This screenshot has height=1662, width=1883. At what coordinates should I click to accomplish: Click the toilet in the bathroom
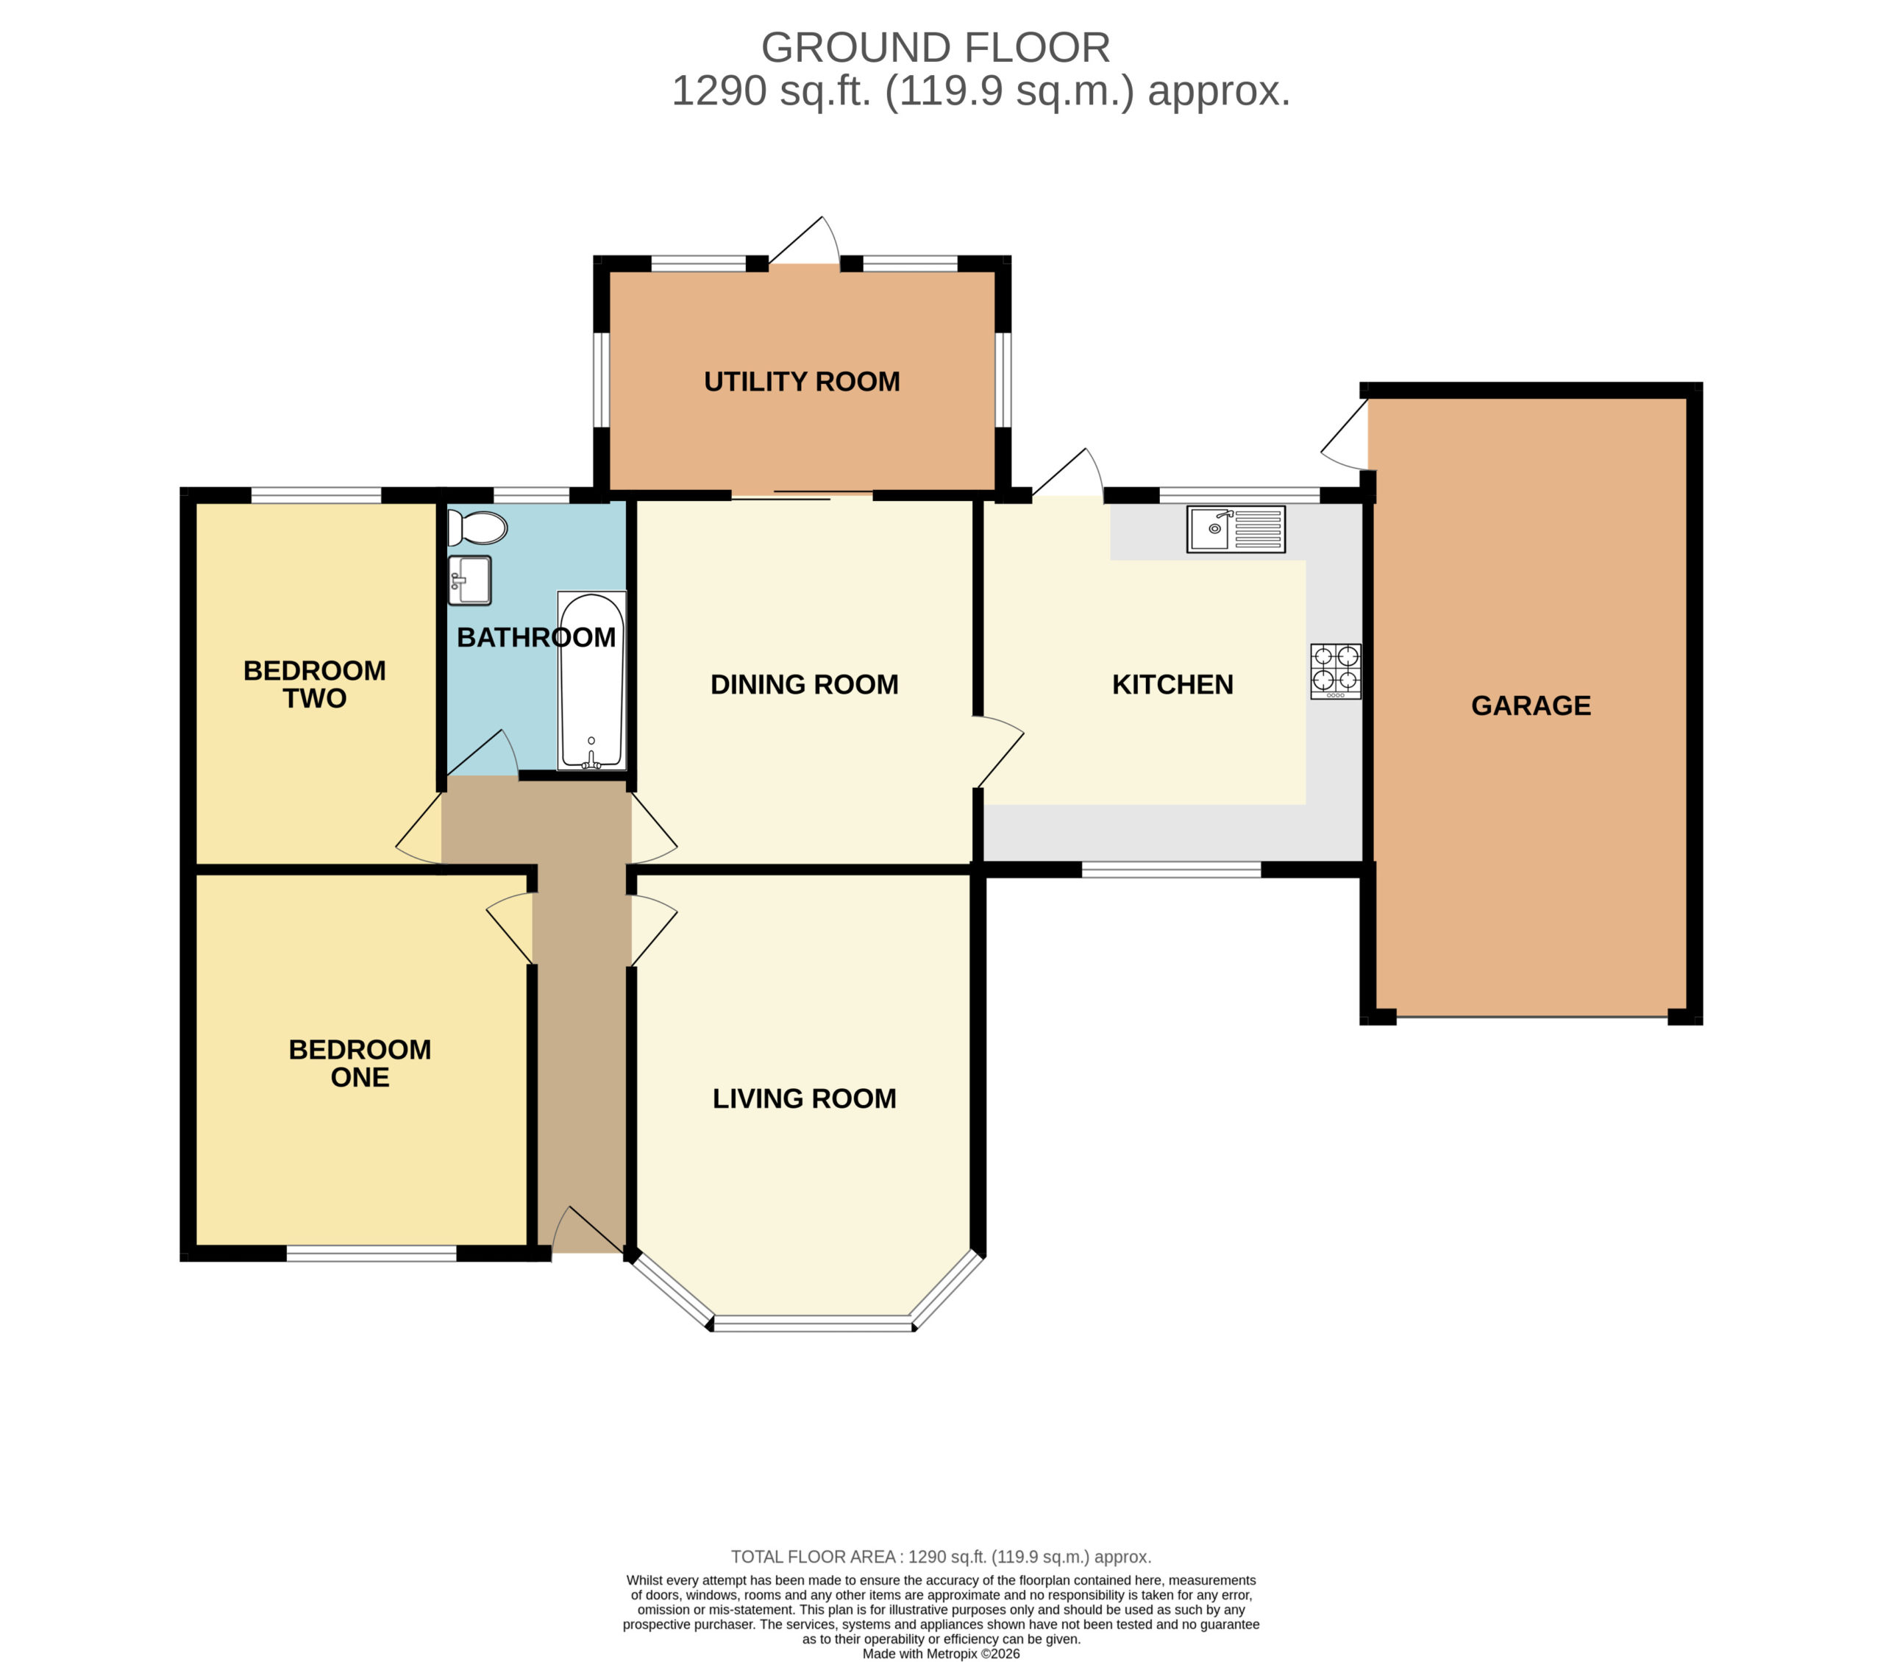(477, 529)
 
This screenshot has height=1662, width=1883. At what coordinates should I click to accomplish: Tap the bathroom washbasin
(470, 580)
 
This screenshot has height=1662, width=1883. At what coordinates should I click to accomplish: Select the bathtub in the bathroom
(591, 680)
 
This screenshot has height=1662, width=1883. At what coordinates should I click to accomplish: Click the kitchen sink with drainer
(1236, 529)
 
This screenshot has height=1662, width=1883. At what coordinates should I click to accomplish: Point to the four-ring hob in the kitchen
(1336, 671)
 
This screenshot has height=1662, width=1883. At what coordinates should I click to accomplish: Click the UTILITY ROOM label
(802, 381)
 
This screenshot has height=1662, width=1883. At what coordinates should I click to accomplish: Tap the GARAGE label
(1531, 706)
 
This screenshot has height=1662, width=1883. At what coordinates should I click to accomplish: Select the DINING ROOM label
(804, 684)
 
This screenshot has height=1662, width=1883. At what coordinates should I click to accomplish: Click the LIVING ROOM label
(804, 1098)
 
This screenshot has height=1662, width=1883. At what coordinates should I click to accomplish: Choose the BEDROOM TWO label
(315, 684)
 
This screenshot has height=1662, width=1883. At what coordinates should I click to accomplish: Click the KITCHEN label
(1172, 684)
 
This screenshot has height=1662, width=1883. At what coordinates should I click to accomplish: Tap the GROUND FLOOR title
(935, 48)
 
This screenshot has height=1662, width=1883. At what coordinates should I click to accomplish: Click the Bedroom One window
(371, 1253)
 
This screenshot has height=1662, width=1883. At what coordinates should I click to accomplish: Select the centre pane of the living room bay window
(813, 1323)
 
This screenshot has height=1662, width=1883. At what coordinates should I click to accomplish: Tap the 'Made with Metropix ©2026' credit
(941, 1654)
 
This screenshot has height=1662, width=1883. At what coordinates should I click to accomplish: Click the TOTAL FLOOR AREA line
(941, 1557)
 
